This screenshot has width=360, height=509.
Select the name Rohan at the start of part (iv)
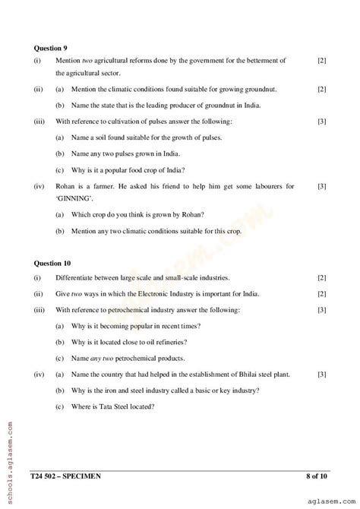click(x=66, y=185)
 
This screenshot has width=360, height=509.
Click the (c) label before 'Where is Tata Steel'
click(x=59, y=406)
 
